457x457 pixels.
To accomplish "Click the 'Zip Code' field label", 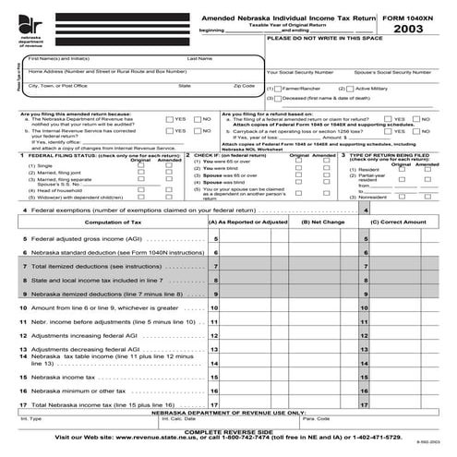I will click(x=244, y=85).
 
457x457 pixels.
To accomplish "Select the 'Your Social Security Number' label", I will click(x=299, y=71).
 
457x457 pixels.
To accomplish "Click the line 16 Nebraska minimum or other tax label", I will click(x=73, y=390).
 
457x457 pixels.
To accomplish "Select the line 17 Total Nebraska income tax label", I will click(x=82, y=404).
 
